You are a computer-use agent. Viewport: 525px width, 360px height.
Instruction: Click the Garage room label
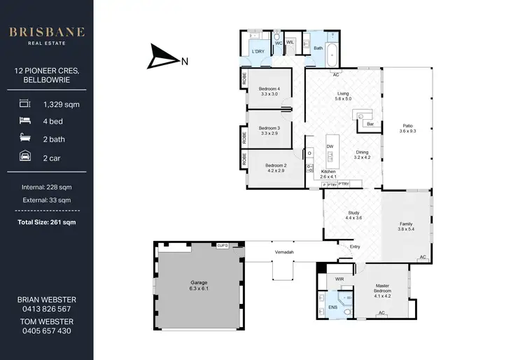199,286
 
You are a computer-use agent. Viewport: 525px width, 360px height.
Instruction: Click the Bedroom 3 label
269,130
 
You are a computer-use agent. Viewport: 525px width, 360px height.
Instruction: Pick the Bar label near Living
370,123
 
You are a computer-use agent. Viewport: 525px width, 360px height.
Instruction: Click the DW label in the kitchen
330,146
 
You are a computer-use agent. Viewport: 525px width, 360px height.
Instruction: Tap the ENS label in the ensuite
332,306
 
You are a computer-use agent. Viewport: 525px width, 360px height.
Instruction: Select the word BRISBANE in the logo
46,32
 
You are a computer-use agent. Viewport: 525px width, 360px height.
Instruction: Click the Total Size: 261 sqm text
46,222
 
